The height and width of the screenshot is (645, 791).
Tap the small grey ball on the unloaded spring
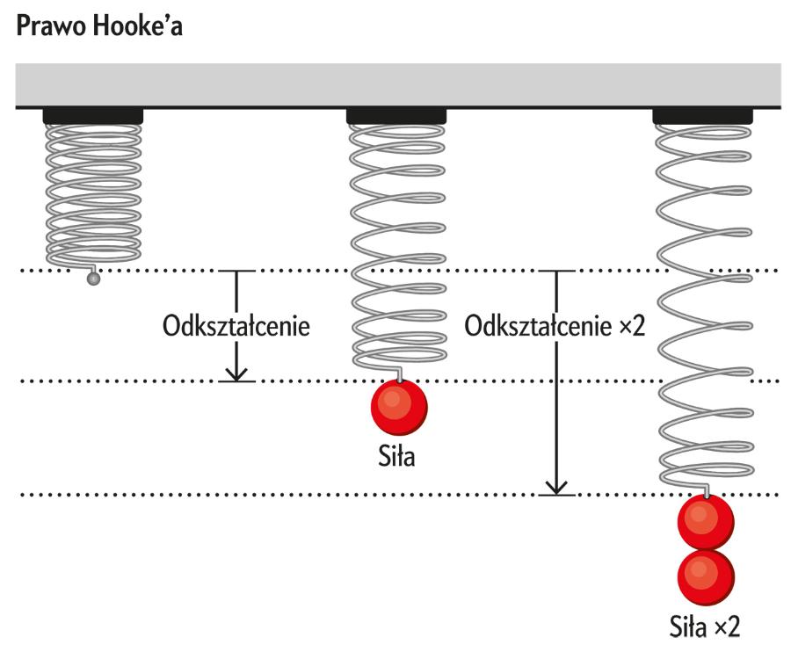coord(91,279)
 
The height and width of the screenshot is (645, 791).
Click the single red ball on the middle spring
coord(399,409)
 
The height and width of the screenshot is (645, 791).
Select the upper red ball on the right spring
coord(706,522)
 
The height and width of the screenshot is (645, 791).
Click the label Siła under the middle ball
coord(399,457)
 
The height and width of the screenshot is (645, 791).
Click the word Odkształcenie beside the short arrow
coord(237,327)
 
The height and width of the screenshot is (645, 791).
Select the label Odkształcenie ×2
coord(555,327)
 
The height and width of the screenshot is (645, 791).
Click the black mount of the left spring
coord(93,115)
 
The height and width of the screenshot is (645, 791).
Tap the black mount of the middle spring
coord(396,115)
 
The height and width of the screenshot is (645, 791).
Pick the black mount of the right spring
coord(702,115)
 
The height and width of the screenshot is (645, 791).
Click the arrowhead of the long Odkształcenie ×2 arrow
coord(555,488)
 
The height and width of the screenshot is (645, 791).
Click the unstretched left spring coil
coord(93,193)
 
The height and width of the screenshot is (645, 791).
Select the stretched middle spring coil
coord(396,246)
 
